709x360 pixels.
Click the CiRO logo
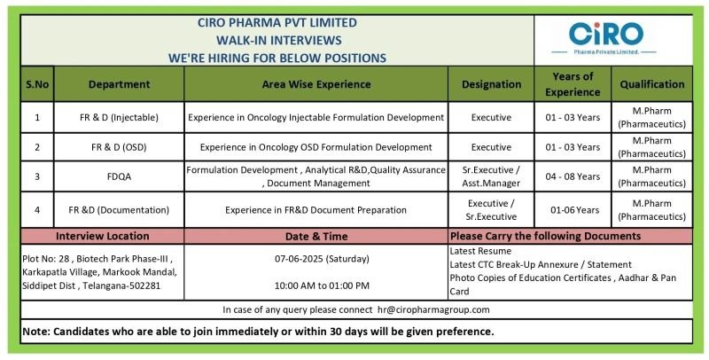coord(606,39)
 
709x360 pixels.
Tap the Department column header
coord(120,84)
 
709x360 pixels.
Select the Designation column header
coord(491,84)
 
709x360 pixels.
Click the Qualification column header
coord(652,84)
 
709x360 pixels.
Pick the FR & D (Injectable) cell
coord(120,118)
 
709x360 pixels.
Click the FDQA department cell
coord(120,176)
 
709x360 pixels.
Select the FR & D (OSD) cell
coord(120,147)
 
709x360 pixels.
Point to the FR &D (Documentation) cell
coord(120,210)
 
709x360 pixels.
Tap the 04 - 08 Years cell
coord(573,176)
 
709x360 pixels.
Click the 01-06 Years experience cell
coord(573,210)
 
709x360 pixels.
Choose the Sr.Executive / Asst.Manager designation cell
coord(491,176)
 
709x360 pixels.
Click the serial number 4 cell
coord(37,210)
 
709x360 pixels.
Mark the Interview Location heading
coord(102,236)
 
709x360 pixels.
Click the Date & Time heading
coord(316,236)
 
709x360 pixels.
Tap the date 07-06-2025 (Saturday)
coord(322,259)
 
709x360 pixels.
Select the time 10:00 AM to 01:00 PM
coord(322,286)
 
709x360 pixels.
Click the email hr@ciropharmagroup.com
coord(433,309)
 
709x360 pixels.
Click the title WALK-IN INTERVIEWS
coord(278,40)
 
